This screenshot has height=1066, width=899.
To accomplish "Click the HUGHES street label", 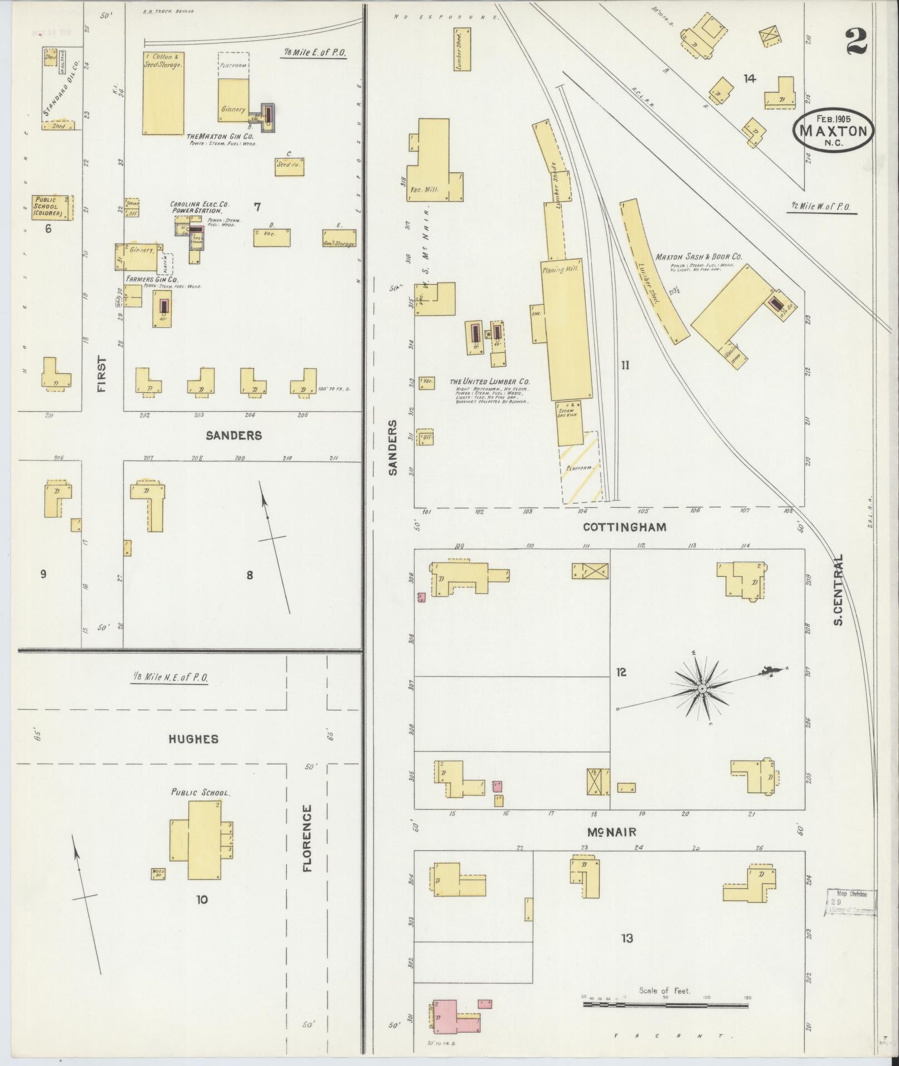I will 193,739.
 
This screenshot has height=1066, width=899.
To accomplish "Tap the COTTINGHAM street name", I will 624,527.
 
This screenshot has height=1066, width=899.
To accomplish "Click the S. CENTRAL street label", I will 839,589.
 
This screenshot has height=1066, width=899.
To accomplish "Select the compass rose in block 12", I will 702,689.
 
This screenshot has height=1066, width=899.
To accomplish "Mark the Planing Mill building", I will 566,329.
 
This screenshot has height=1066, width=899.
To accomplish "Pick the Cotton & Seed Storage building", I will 163,93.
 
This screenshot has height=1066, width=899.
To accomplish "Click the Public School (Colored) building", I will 52,207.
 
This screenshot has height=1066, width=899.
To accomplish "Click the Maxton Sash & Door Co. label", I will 698,257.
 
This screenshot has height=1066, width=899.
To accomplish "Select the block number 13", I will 626,938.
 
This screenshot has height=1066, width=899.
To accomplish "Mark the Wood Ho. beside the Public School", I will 158,874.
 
